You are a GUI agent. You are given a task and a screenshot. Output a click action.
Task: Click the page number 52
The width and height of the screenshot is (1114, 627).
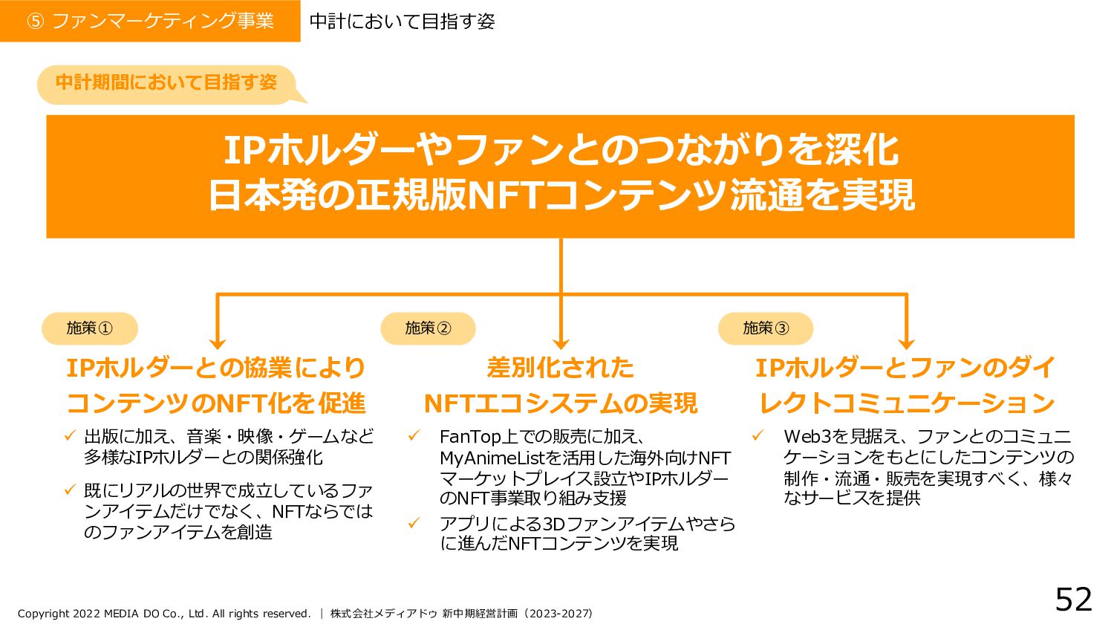1073,599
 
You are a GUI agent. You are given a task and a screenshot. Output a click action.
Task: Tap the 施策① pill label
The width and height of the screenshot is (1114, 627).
89,328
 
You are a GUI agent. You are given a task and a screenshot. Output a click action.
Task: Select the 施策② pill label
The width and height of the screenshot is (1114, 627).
428,328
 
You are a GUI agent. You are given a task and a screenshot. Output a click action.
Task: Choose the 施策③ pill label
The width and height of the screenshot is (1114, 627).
766,328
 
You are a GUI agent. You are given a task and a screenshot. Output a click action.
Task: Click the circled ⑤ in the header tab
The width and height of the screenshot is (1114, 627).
35,22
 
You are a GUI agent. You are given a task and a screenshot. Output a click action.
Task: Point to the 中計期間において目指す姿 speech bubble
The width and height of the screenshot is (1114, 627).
166,82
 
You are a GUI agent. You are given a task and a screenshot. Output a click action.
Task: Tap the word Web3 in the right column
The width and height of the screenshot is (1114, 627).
807,437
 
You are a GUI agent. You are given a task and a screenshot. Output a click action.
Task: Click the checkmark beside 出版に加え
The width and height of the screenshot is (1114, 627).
71,435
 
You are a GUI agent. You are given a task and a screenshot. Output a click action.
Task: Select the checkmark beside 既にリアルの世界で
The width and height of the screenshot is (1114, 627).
71,490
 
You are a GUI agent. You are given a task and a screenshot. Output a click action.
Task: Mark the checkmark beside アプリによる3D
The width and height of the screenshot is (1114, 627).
414,523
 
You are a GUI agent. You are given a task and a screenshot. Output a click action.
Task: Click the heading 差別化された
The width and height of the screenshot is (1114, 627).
560,368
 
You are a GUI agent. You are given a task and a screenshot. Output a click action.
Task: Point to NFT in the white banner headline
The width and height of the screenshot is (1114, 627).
505,195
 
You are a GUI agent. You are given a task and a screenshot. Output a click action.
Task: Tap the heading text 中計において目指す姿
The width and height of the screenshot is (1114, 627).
402,22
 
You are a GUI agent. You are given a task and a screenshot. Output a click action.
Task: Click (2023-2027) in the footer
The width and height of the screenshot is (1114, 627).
558,614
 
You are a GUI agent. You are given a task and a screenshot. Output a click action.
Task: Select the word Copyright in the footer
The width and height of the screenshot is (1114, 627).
43,614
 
